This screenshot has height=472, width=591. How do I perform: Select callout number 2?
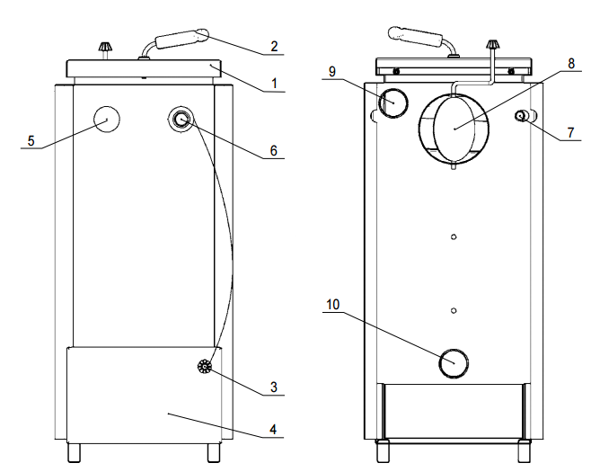point(274,45)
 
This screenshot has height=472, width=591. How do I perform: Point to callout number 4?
point(274,429)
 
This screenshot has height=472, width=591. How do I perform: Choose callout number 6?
point(274,151)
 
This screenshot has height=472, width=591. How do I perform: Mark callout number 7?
point(571,132)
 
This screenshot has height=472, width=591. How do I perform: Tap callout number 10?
point(333,306)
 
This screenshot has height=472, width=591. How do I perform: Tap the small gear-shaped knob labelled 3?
point(206,367)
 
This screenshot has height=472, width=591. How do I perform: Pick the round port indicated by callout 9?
point(392,103)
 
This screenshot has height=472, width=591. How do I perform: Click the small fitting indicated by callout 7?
point(520,117)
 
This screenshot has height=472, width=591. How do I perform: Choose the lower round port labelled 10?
point(454,363)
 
